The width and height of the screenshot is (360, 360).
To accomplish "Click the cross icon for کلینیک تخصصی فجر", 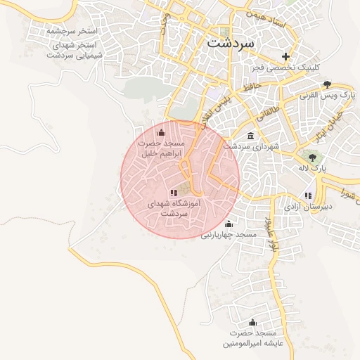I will pos(285,56).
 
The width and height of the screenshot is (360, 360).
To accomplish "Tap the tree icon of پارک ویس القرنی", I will pos(327,85).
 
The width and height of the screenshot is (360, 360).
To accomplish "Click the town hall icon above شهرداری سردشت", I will pos(250,136).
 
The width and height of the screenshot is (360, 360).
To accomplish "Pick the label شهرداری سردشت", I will pos(247,146).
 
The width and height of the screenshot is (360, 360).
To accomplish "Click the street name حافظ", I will pos(251,86).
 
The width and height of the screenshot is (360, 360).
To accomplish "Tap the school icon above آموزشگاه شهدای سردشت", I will pos(174,193).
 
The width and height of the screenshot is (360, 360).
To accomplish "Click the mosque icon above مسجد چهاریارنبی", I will pos(229,224).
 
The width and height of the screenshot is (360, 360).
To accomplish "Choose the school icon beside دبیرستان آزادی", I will pos(308,195).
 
